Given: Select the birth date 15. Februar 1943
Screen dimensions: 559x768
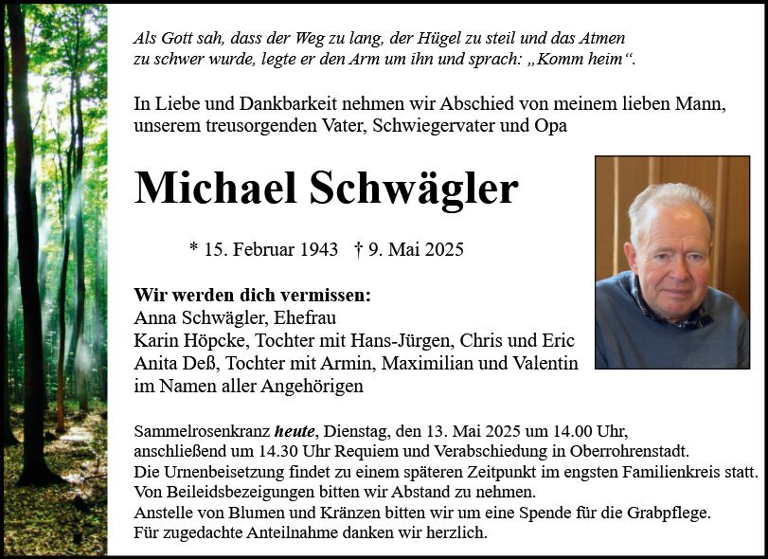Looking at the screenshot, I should [x=271, y=250].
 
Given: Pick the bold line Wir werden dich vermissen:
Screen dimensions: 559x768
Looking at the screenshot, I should [x=253, y=295].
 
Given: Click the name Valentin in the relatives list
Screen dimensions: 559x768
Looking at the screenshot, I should [x=543, y=363].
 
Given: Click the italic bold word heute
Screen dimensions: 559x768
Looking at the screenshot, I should [x=295, y=431].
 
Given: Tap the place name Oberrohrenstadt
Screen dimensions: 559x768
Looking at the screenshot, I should [x=635, y=451].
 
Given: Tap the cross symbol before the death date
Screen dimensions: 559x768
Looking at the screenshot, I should [x=359, y=250].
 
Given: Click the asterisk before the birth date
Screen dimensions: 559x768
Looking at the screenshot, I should [x=194, y=248].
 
